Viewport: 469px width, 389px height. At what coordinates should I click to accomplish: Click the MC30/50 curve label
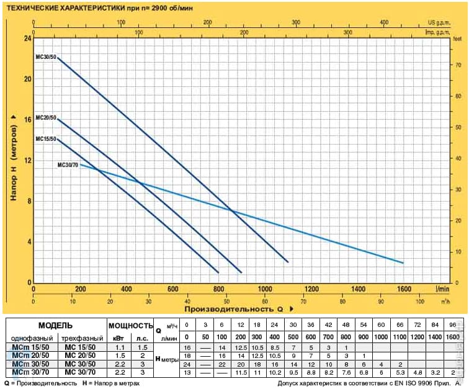(47, 57)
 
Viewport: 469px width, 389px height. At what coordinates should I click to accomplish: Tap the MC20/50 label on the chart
(46, 118)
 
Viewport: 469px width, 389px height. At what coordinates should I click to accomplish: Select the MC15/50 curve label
(46, 138)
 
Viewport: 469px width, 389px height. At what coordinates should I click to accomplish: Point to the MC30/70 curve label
(68, 165)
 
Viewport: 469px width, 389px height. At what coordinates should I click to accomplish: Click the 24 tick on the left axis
(27, 38)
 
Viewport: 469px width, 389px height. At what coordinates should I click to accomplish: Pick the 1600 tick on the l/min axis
(404, 289)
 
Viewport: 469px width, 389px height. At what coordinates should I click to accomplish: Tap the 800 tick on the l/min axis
(218, 289)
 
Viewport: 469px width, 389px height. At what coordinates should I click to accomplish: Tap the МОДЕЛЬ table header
(55, 325)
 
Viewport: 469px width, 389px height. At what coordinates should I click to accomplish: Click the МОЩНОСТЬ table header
(130, 325)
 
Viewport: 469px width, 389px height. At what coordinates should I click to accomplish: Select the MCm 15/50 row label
(29, 346)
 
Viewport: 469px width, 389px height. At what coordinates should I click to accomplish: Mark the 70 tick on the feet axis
(458, 65)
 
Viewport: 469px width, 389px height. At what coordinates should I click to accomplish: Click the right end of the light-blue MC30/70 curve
(403, 263)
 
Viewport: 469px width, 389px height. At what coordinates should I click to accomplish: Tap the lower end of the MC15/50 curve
(218, 272)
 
